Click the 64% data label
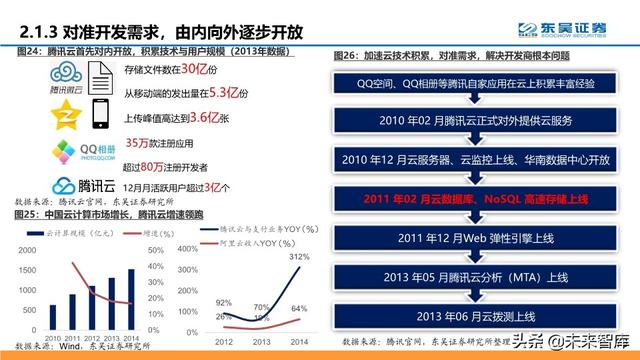point(298,308)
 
